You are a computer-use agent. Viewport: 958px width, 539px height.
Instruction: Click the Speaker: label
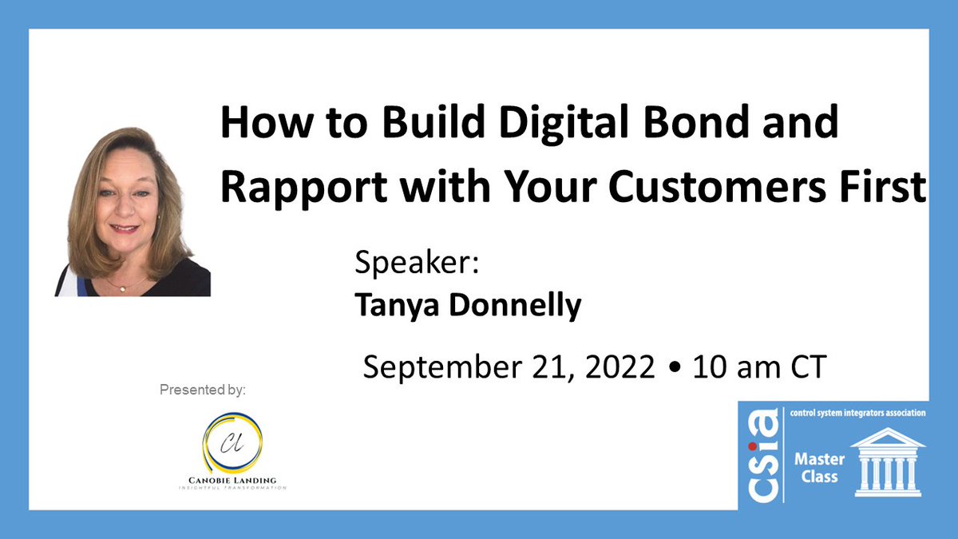(x=416, y=264)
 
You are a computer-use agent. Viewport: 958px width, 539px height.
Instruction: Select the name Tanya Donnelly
(x=468, y=306)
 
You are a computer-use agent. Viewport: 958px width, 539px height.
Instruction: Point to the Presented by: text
(x=203, y=390)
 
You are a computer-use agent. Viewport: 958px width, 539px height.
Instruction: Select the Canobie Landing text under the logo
(x=232, y=479)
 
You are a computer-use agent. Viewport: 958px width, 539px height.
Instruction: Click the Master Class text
(x=814, y=468)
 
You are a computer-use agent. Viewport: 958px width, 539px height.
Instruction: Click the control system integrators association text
(x=857, y=414)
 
